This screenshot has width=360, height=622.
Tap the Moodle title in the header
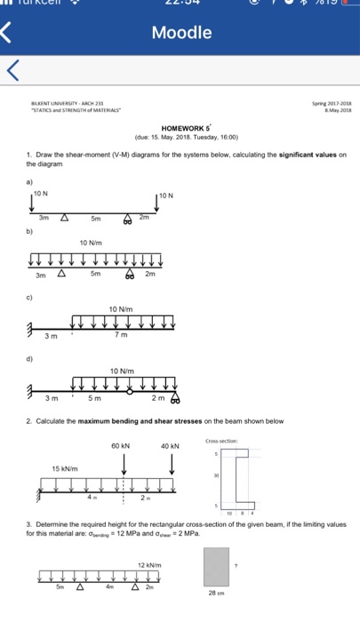(x=181, y=34)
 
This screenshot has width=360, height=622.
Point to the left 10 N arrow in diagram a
(x=31, y=203)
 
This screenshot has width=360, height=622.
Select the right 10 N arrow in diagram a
(x=157, y=203)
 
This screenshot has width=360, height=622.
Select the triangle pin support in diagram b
(x=62, y=274)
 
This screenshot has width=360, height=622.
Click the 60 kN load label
(x=122, y=445)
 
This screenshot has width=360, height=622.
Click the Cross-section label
(x=222, y=441)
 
